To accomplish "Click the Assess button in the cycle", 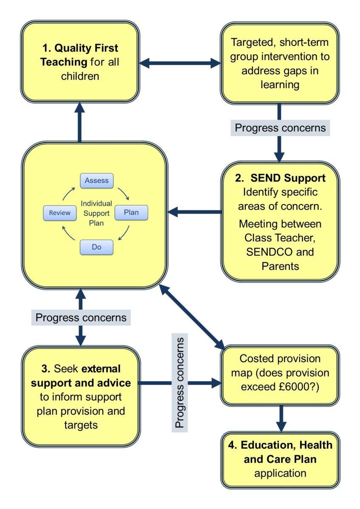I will coord(96,180).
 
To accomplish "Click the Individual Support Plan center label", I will coord(96,213).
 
